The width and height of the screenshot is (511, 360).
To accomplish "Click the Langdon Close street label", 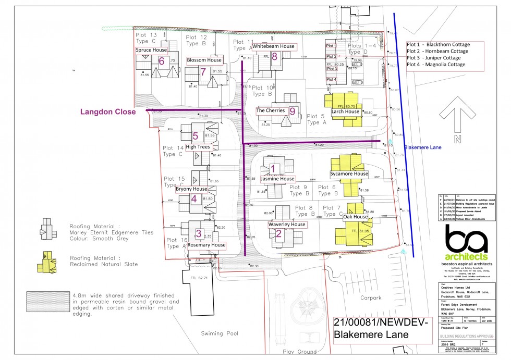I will click(x=107, y=111).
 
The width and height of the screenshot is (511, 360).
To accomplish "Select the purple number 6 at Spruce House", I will click(x=161, y=61).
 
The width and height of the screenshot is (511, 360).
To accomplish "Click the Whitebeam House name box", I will click(x=273, y=46).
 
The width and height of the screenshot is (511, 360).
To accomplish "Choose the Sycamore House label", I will click(x=349, y=173).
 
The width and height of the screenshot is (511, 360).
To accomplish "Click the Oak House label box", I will click(x=355, y=217).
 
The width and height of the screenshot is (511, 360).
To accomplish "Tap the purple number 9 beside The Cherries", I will click(x=292, y=111).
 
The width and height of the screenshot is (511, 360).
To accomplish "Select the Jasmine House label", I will click(x=277, y=179).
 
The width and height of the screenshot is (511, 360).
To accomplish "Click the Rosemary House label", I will click(x=206, y=245).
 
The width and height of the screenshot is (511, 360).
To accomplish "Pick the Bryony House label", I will click(x=191, y=189).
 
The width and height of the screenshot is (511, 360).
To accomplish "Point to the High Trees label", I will click(x=198, y=147).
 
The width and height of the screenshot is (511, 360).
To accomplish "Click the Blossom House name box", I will click(x=204, y=60).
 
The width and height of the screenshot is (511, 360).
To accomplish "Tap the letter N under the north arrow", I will click(x=457, y=139).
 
